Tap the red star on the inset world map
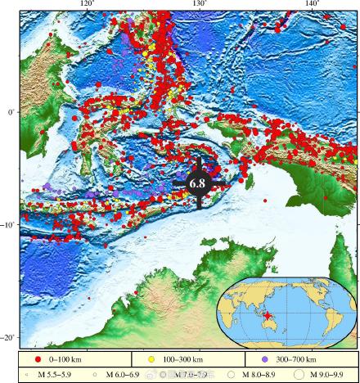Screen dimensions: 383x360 [267, 318]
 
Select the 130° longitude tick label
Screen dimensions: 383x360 [199, 4]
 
